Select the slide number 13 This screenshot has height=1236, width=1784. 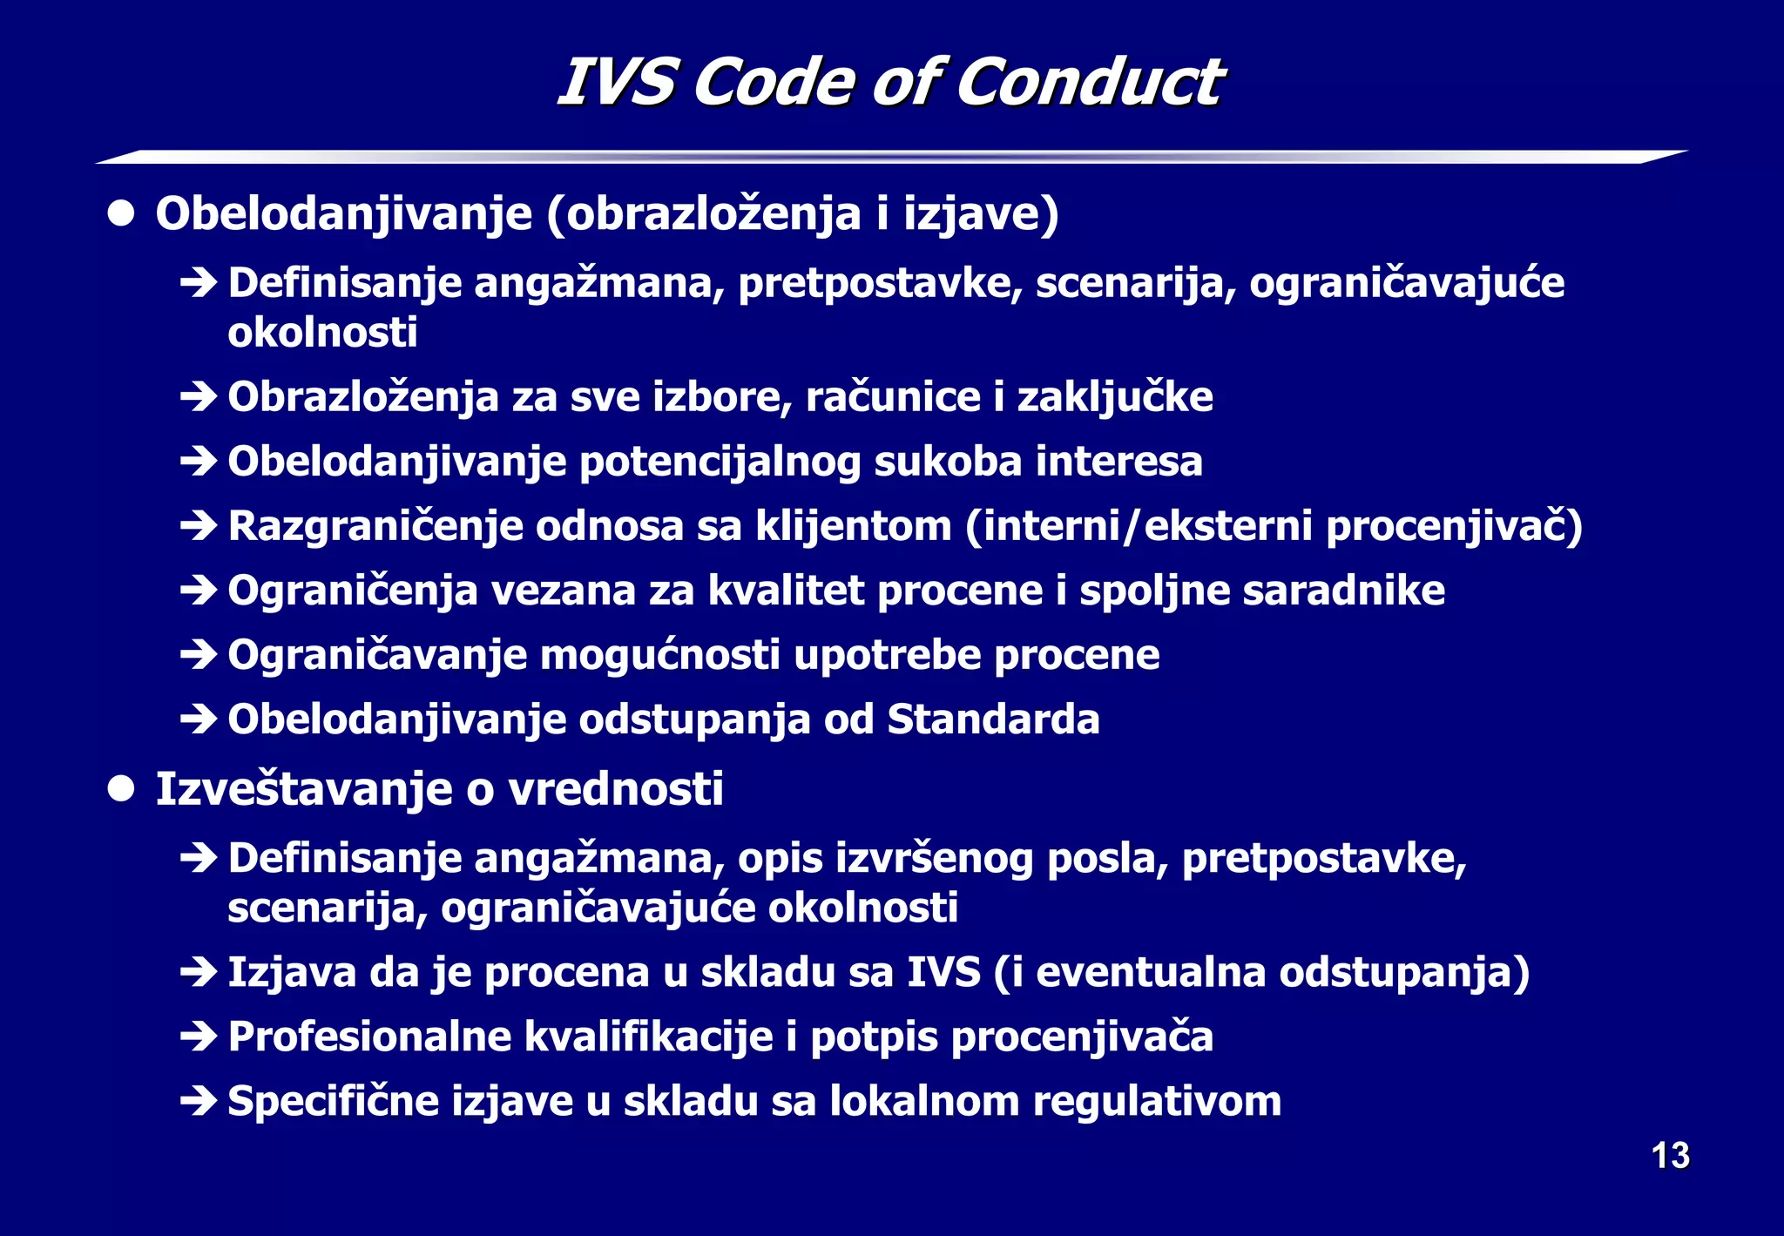click(1670, 1156)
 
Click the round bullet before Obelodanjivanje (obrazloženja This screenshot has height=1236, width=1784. click(121, 214)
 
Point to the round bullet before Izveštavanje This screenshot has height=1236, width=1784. click(121, 789)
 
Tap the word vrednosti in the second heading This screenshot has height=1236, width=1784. click(615, 789)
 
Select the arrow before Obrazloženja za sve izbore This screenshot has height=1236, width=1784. click(199, 397)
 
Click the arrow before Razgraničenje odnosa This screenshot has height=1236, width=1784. click(199, 526)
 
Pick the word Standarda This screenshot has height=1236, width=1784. click(993, 719)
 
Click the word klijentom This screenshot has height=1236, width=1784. click(854, 526)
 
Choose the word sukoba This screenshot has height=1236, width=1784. click(948, 462)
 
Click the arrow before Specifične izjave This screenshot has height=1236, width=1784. click(199, 1101)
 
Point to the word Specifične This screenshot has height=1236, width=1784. click(333, 1101)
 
